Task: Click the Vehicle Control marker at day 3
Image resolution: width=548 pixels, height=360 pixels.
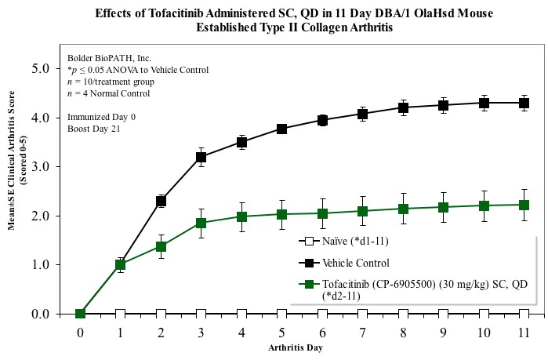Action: [x=201, y=157]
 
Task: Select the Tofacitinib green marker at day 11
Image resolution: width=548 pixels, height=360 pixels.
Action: [x=524, y=205]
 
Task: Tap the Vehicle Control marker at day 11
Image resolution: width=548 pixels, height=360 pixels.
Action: [x=524, y=103]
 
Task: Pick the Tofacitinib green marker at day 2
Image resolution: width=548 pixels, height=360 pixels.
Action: [x=161, y=246]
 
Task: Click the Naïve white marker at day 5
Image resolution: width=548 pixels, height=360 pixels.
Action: [x=281, y=314]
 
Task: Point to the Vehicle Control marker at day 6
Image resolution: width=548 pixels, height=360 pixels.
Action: [x=322, y=120]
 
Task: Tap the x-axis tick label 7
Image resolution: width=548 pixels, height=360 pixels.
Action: [x=362, y=332]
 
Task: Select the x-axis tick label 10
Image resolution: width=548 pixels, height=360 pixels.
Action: [x=483, y=332]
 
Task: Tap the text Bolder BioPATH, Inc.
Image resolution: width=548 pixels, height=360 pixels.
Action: [x=109, y=58]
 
